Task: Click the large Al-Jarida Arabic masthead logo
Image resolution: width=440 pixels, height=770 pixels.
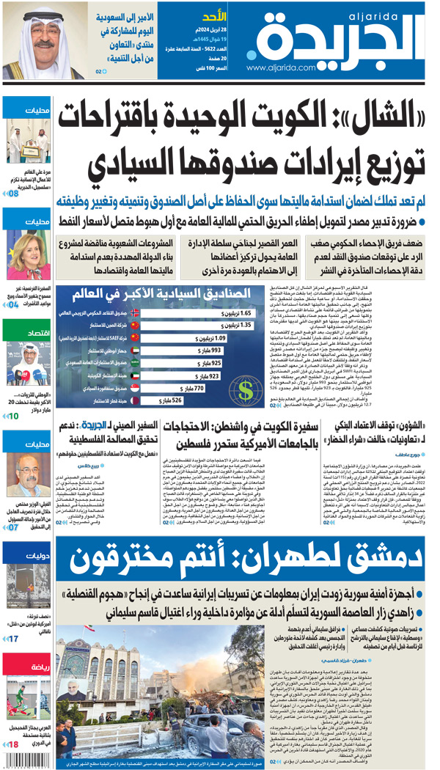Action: click(x=330, y=37)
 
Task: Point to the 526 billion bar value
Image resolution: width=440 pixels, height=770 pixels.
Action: click(x=172, y=400)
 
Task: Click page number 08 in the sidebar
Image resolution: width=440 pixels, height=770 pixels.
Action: click(x=13, y=194)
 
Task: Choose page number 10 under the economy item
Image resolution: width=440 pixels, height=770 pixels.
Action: click(x=13, y=416)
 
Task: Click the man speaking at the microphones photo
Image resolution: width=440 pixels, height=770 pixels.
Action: click(x=26, y=362)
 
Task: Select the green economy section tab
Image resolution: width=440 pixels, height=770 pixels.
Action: click(x=26, y=334)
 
